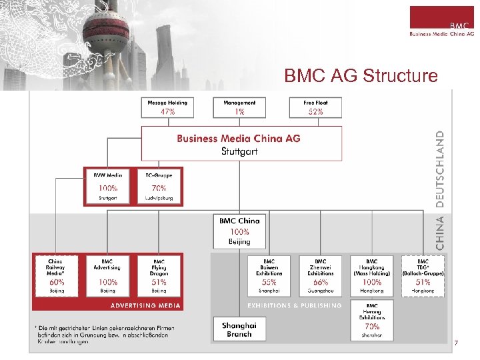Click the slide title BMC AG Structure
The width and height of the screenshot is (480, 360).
(361, 76)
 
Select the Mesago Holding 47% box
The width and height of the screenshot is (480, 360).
(167, 107)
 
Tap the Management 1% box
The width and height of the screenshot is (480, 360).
(239, 107)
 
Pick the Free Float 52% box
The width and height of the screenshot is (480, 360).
(315, 107)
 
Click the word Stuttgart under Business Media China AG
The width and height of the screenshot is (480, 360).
(239, 151)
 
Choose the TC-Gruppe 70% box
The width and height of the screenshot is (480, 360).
(159, 185)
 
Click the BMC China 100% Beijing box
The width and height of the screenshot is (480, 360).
(239, 230)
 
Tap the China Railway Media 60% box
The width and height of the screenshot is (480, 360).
(56, 275)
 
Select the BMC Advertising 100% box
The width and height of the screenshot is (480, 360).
(107, 275)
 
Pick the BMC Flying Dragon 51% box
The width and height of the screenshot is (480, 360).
(159, 275)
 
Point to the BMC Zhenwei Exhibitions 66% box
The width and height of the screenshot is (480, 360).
(320, 275)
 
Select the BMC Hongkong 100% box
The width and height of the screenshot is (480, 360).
(371, 275)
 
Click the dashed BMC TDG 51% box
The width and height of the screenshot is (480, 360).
(423, 275)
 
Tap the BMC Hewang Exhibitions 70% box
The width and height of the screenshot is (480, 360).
(371, 319)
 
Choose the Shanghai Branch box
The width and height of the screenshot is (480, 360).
(239, 329)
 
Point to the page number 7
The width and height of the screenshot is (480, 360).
(455, 343)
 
